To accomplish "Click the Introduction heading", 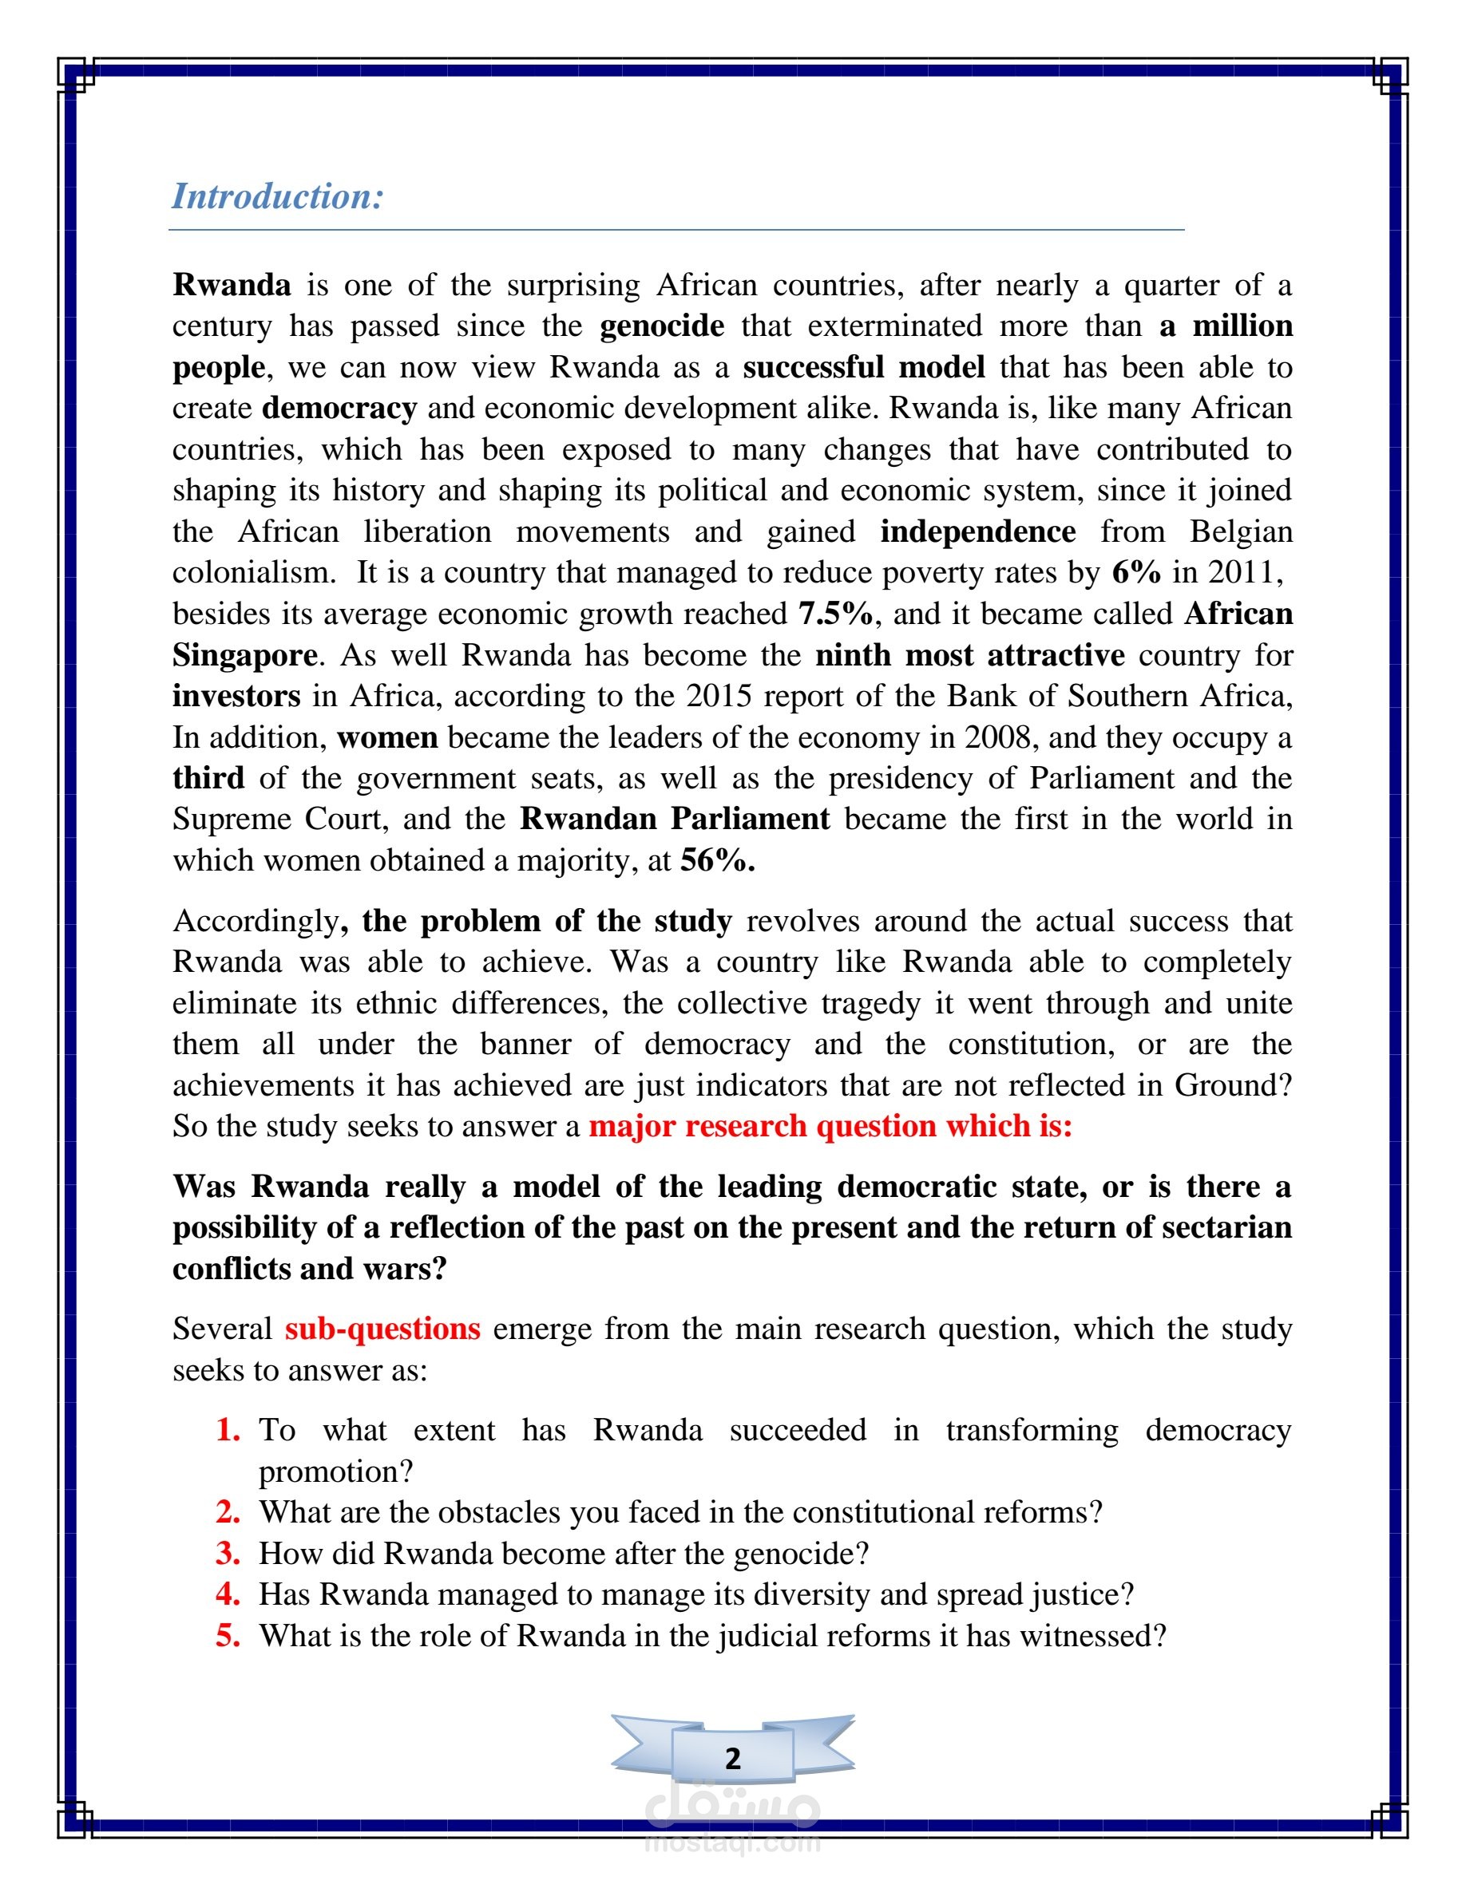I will tap(277, 196).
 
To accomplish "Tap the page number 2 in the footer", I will tap(733, 1759).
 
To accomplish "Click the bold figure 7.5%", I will tap(835, 614).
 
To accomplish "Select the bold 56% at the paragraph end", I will tap(717, 860).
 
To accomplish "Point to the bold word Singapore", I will tap(245, 654).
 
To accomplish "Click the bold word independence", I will tap(978, 531).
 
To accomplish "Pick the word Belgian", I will tap(1240, 531).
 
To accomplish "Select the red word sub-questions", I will tap(382, 1329).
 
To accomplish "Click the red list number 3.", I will tap(228, 1553).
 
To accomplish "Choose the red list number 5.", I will tap(228, 1636).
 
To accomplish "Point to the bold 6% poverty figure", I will tap(1136, 573).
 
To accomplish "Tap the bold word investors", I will tap(236, 697).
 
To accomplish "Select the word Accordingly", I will tap(256, 921).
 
